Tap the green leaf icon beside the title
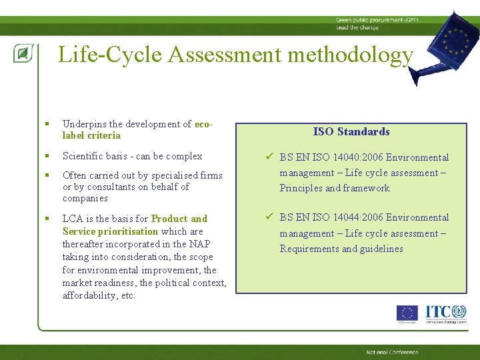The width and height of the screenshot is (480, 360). (x=22, y=54)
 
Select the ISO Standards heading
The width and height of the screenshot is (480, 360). (x=351, y=132)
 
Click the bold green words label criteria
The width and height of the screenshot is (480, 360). (x=91, y=136)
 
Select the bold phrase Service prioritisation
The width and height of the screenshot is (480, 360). (x=110, y=231)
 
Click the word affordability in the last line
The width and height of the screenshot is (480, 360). (x=92, y=295)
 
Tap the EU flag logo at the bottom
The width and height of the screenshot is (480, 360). (x=407, y=313)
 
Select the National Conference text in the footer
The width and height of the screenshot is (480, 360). (x=392, y=352)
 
